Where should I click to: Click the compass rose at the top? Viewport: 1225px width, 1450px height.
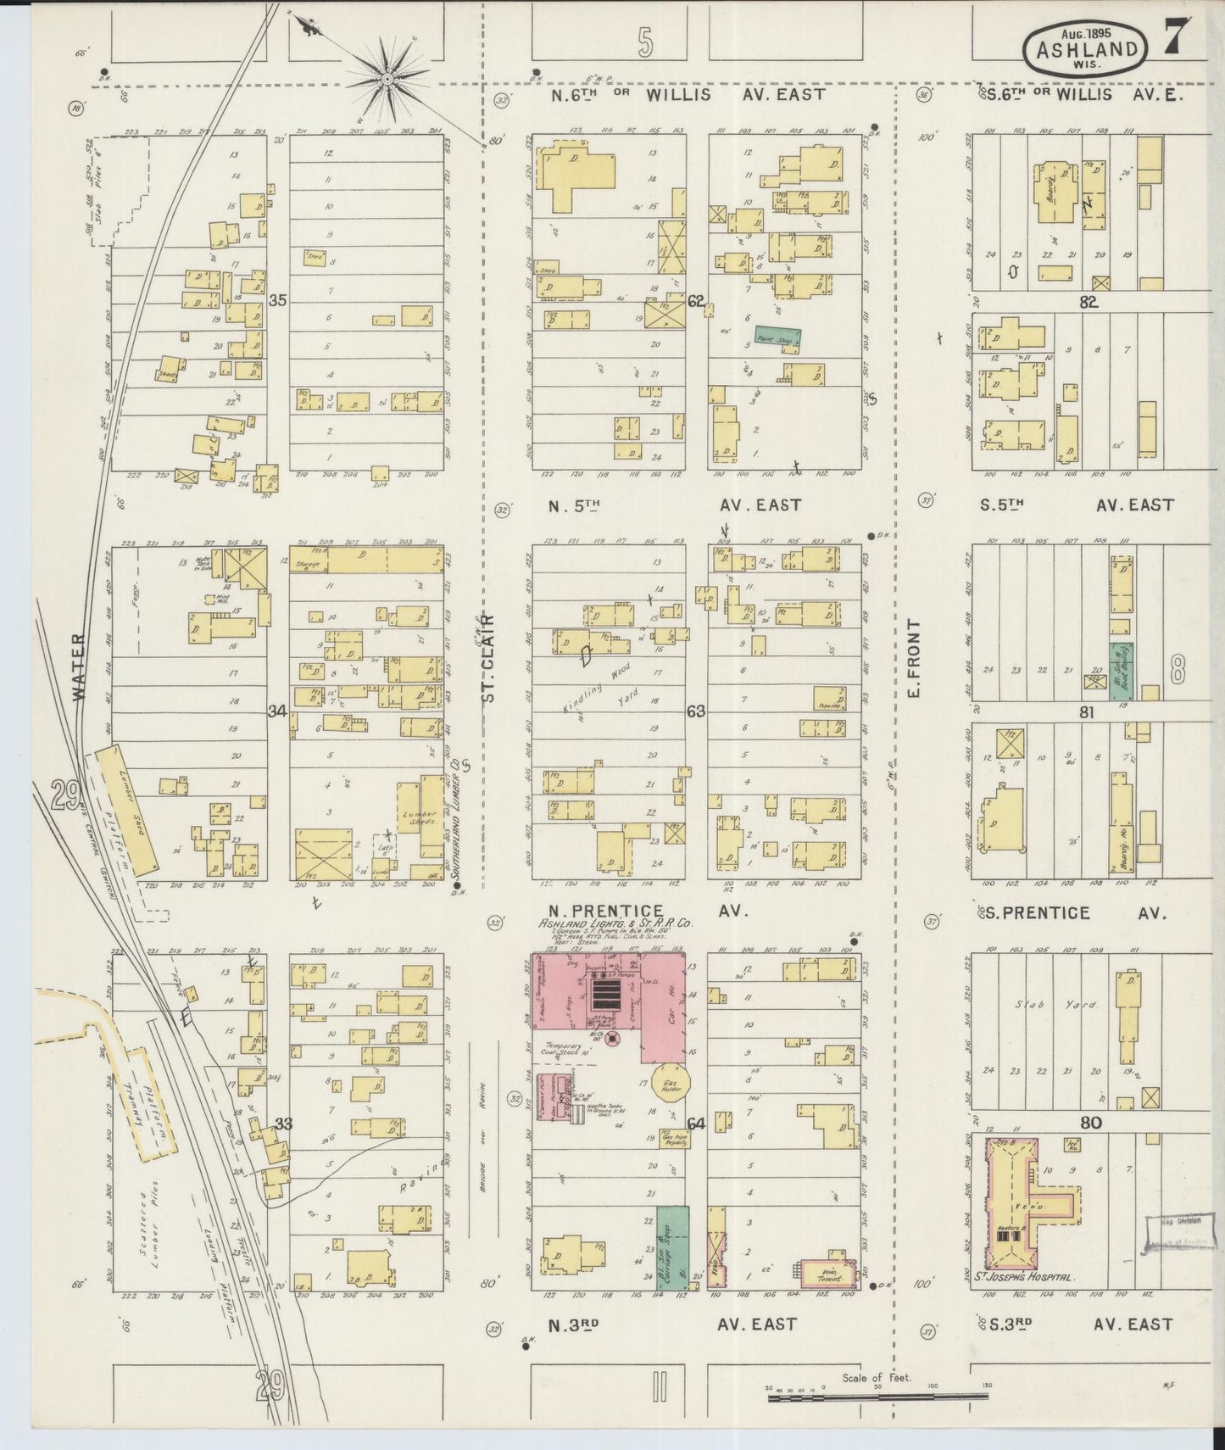[x=387, y=79]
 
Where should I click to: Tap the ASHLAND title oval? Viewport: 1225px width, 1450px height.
[x=1087, y=47]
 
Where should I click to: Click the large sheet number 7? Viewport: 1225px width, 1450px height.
[x=1176, y=38]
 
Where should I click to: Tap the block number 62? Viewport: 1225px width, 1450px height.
[x=697, y=300]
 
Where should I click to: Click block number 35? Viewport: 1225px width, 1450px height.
[x=277, y=300]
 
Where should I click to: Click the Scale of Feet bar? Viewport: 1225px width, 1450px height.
[x=877, y=1396]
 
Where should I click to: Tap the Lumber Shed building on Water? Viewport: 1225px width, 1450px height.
[x=127, y=809]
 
